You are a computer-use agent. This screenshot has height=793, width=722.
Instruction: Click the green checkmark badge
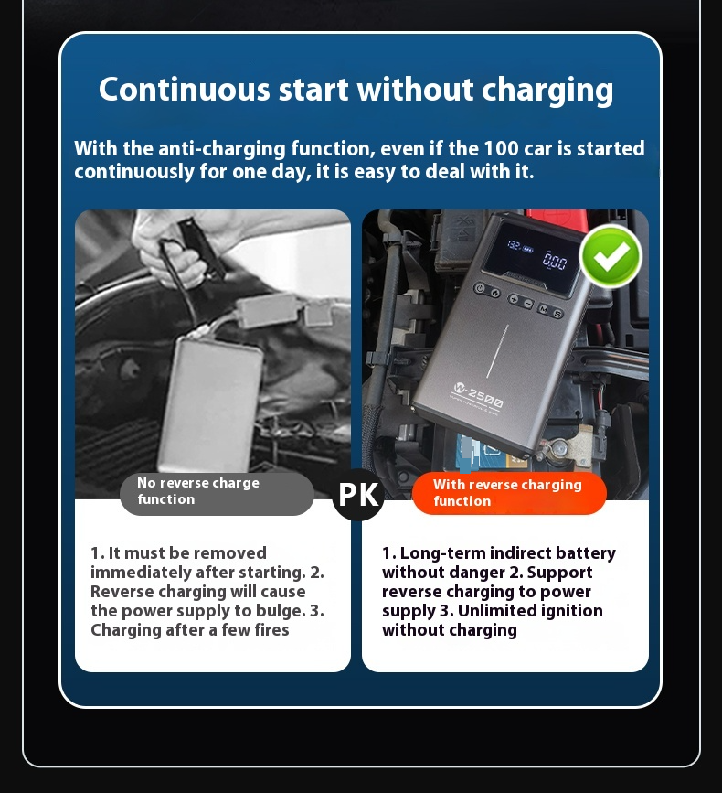click(x=611, y=257)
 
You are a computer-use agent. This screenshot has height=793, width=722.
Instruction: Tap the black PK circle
click(x=358, y=495)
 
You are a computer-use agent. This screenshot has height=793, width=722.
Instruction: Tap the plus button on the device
click(x=515, y=300)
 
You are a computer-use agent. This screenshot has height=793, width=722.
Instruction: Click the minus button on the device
click(x=528, y=303)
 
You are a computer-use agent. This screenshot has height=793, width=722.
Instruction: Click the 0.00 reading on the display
click(x=554, y=262)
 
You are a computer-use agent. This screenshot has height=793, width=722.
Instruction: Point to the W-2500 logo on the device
click(x=477, y=399)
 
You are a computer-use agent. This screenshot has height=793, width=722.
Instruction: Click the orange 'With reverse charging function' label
click(x=508, y=493)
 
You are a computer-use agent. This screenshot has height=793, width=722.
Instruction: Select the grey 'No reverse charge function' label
click(x=216, y=492)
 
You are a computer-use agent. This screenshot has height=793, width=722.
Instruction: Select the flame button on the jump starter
click(x=494, y=293)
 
